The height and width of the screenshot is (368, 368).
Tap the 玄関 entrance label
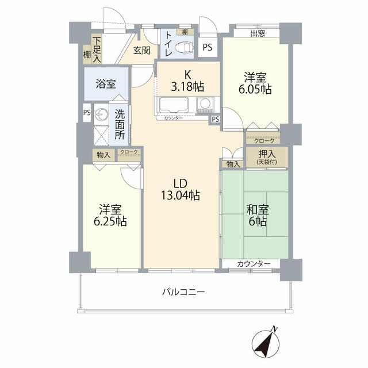tap(142, 50)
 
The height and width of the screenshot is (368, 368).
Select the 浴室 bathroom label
tap(106, 84)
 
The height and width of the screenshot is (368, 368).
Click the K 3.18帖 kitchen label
tap(187, 81)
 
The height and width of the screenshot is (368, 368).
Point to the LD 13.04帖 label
tap(181, 189)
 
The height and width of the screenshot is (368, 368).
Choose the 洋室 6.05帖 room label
tap(255, 83)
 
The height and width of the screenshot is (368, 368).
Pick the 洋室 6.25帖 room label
tap(110, 215)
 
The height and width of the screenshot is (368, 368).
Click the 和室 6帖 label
tap(258, 215)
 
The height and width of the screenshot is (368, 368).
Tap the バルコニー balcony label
tap(184, 292)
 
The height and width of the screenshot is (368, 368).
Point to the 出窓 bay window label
tap(258, 33)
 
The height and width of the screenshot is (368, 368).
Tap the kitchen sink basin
tap(174, 105)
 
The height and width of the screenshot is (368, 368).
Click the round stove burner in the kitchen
tap(205, 103)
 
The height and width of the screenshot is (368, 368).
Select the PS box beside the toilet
tap(208, 47)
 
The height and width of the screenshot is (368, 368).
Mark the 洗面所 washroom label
tap(120, 125)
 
